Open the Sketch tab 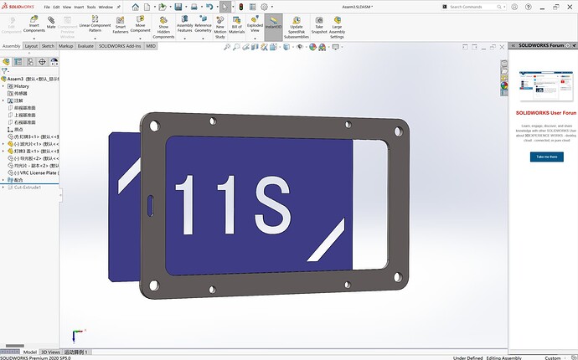49,46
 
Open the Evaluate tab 85,46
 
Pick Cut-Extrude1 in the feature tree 28,187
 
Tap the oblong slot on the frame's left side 151,203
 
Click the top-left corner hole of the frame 153,128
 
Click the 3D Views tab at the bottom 50,352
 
